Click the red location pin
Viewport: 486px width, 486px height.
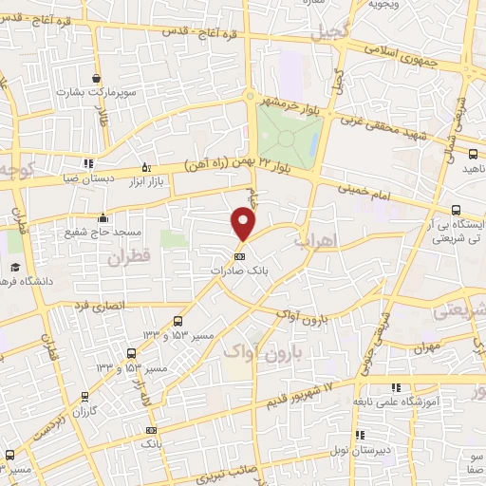pyautogui.click(x=243, y=224)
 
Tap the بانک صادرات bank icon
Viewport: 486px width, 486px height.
pyautogui.click(x=239, y=255)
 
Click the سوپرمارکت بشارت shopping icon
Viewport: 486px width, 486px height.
pyautogui.click(x=97, y=79)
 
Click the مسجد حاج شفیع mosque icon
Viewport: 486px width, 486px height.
pyautogui.click(x=103, y=218)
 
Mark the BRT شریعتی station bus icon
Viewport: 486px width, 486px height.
pyautogui.click(x=458, y=211)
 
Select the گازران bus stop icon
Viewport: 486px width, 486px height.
pyautogui.click(x=85, y=399)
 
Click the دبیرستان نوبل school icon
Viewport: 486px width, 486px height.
pyautogui.click(x=359, y=436)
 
